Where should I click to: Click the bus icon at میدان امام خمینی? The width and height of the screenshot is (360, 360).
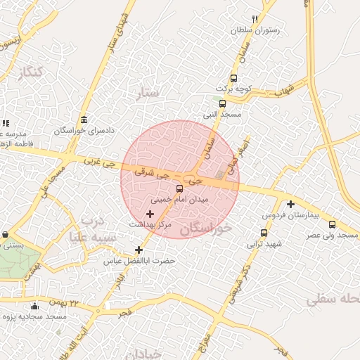coord(179,188)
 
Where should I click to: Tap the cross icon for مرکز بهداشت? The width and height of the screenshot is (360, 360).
coord(150,213)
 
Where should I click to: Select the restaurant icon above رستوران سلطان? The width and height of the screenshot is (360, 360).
coord(255,20)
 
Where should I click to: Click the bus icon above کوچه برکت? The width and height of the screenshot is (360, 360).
coord(233,79)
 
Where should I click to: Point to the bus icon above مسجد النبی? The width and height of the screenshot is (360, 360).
coord(222,103)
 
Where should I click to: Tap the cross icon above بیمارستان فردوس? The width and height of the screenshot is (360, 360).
coord(290,204)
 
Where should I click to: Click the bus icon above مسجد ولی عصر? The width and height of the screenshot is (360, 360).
coord(332,224)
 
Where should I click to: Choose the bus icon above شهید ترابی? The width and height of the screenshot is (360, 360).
coord(264,233)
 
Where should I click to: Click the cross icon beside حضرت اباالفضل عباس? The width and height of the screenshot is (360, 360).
coord(139,250)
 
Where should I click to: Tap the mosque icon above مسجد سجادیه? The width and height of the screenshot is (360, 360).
coord(35,306)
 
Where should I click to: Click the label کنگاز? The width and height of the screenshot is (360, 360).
coord(33,72)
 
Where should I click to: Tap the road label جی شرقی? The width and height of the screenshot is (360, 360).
coord(143,171)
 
